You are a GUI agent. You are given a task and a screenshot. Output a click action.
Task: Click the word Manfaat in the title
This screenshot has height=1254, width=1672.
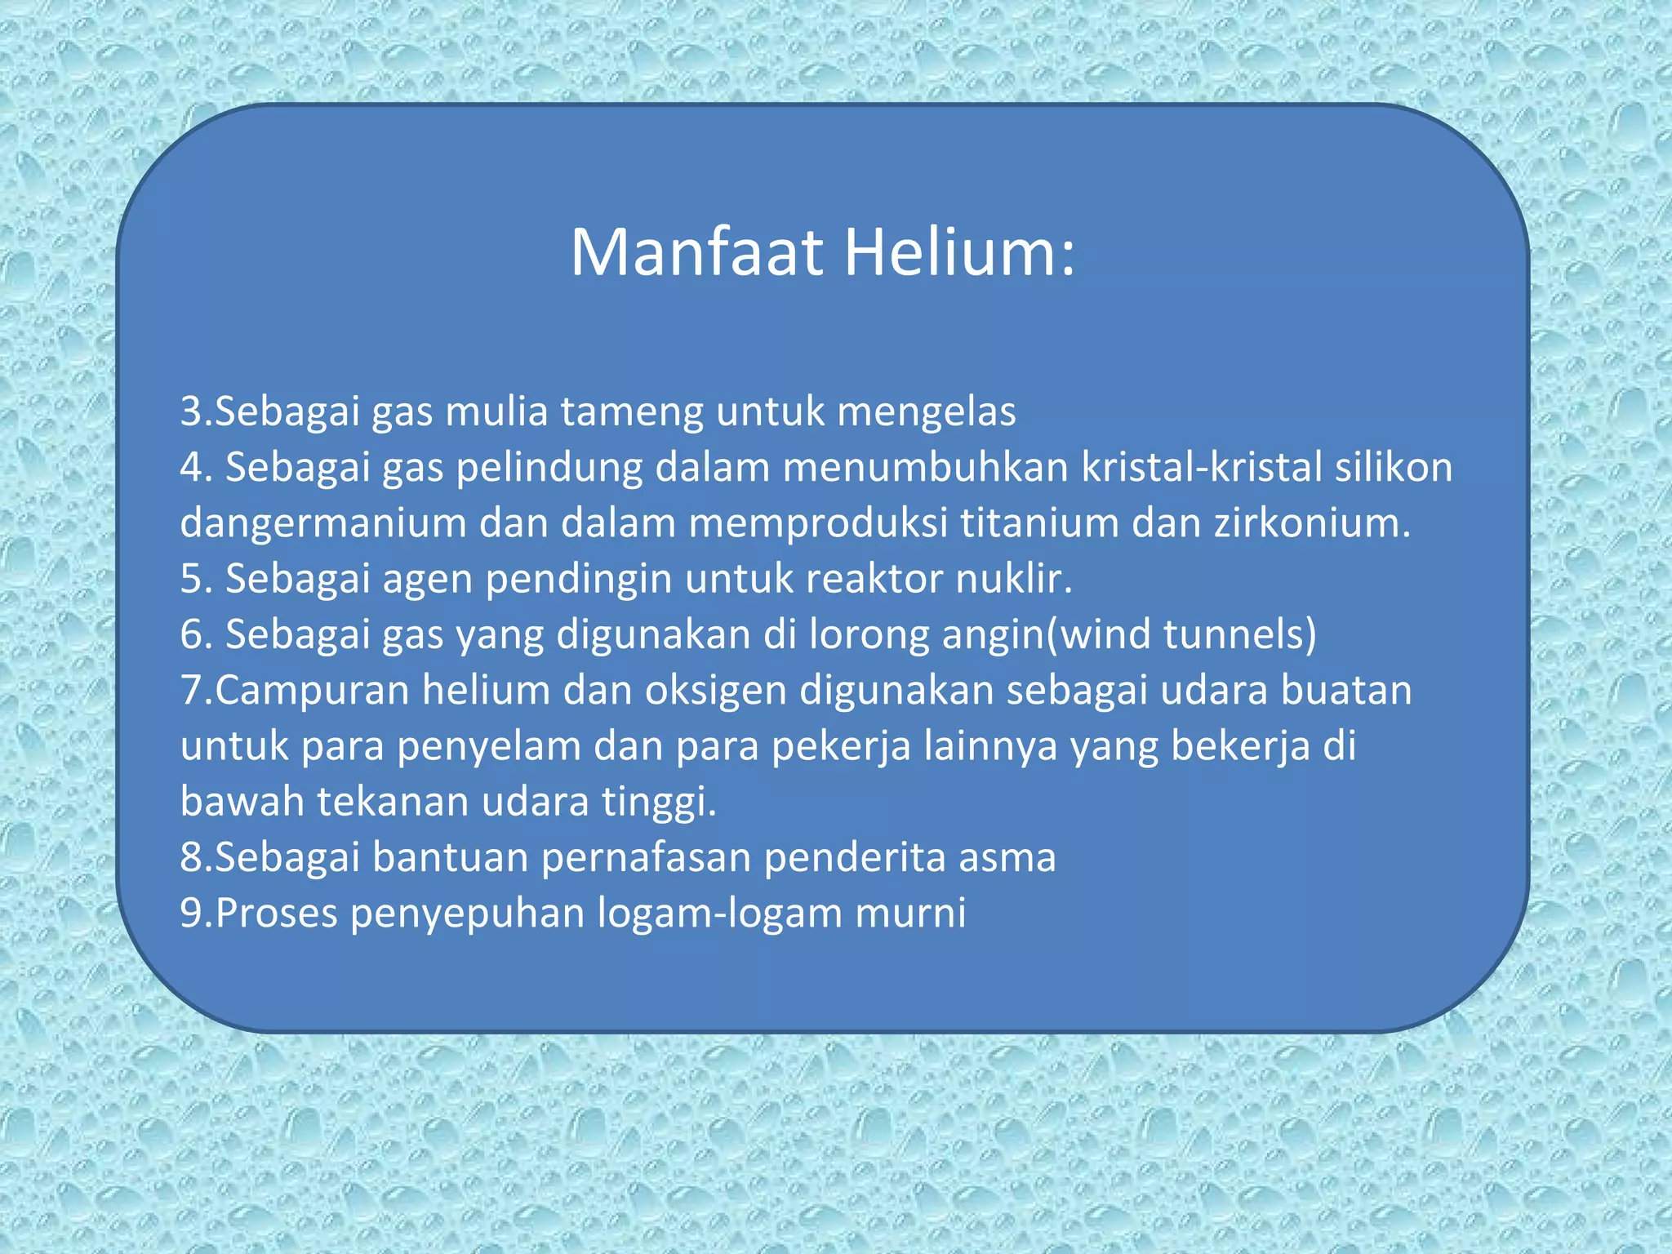[696, 252]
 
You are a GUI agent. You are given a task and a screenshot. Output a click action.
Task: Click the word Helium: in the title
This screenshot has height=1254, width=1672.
[959, 252]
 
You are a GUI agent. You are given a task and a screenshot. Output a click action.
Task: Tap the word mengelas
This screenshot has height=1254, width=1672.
[927, 411]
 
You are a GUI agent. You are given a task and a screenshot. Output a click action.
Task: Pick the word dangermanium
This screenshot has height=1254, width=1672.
[323, 522]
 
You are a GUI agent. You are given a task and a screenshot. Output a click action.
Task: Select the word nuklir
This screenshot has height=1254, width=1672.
[1013, 578]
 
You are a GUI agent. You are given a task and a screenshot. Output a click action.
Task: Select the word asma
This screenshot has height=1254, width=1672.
[1007, 857]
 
